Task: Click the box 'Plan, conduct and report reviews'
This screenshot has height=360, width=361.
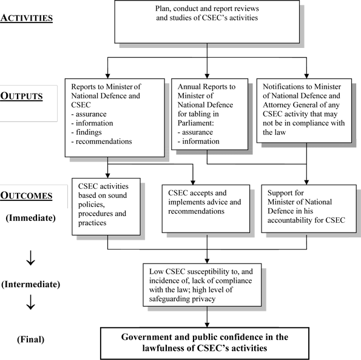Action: [207, 22]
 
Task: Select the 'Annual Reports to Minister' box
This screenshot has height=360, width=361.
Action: [207, 112]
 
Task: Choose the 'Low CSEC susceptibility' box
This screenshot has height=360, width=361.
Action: [207, 282]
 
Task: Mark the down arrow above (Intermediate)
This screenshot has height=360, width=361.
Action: [30, 258]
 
